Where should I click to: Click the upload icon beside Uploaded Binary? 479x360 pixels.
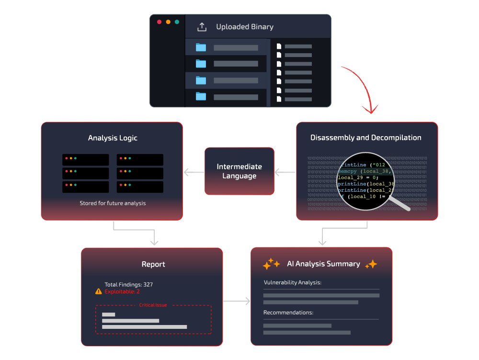pos(202,27)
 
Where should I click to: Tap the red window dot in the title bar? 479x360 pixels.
pos(159,22)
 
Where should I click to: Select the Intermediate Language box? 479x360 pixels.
pos(239,171)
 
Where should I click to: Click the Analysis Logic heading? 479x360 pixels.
pos(113,138)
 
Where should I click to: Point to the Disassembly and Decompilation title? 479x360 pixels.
pos(366,138)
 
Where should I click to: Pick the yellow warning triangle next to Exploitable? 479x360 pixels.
pos(99,291)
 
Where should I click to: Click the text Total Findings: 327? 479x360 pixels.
pos(128,284)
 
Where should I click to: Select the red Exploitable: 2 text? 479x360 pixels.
pos(122,291)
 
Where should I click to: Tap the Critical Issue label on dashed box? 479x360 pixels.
pos(153,305)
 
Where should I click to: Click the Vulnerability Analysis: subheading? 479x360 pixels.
pos(292,282)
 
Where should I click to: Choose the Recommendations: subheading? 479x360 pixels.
pos(288,313)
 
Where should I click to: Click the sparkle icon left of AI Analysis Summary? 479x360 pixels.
pos(271,264)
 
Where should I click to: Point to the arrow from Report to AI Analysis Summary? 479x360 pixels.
pos(237,302)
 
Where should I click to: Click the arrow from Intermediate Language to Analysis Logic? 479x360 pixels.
pos(194,172)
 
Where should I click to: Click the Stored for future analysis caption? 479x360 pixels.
pos(113,203)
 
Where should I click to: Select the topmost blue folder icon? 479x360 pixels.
pos(201,47)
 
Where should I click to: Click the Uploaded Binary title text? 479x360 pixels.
pos(244,27)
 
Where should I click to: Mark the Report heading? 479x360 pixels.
pos(153,264)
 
